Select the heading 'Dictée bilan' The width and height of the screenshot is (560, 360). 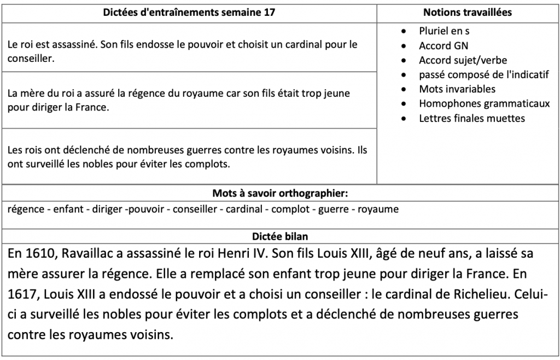click(x=279, y=236)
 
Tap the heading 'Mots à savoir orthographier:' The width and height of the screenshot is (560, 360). click(x=280, y=193)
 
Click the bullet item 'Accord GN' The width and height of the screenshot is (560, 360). click(x=444, y=46)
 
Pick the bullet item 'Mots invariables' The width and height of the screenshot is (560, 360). click(x=457, y=89)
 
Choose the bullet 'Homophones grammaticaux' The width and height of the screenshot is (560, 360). click(x=484, y=103)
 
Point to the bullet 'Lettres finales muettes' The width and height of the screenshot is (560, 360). click(x=472, y=118)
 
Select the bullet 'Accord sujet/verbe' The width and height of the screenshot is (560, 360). click(x=463, y=60)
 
